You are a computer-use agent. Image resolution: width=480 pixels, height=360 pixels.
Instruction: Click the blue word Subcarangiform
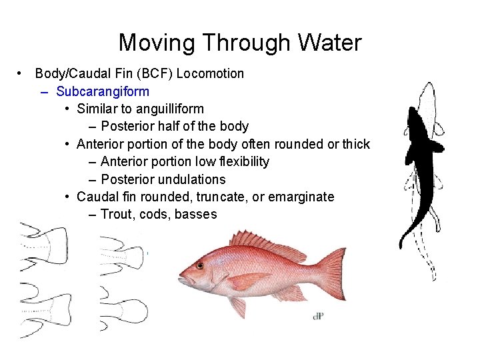pyautogui.click(x=103, y=91)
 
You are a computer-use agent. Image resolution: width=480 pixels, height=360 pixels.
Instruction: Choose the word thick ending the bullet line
pyautogui.click(x=355, y=144)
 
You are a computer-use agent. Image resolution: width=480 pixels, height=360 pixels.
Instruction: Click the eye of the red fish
pyautogui.click(x=199, y=265)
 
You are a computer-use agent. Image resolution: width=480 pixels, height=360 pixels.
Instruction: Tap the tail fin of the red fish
pyautogui.click(x=331, y=273)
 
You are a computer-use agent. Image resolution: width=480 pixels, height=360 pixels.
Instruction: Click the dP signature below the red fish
pyautogui.click(x=319, y=315)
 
